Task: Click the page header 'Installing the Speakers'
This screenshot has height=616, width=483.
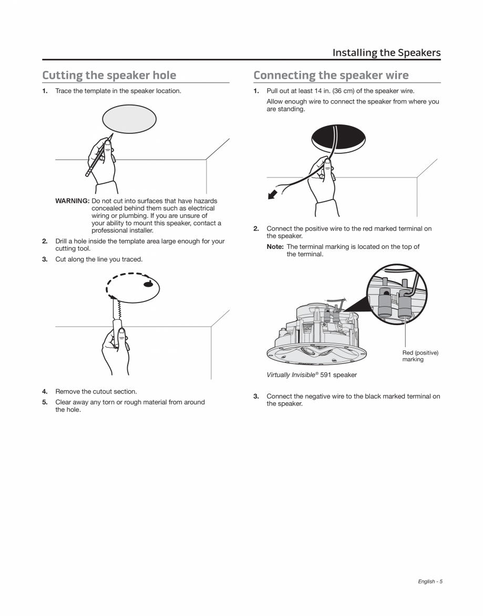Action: [386, 53]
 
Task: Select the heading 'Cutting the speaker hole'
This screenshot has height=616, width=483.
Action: [109, 75]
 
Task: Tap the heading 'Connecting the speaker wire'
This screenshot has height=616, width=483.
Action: [331, 75]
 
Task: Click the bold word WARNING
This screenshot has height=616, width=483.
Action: [73, 201]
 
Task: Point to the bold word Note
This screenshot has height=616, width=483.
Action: [275, 247]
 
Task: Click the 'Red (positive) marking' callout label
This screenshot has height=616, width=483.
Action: [420, 356]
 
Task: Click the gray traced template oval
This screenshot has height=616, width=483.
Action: [129, 119]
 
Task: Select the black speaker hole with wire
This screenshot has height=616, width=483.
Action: [337, 137]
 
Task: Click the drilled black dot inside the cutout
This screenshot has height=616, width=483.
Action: [149, 285]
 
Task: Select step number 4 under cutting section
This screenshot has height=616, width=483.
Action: [45, 391]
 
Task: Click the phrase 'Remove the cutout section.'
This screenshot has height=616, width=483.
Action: [96, 391]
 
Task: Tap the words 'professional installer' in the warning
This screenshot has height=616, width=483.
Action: [122, 231]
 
